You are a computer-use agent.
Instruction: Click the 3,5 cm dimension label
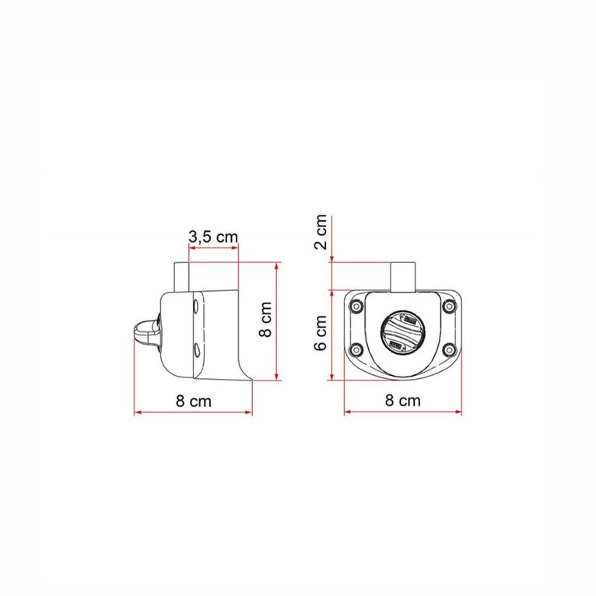click(212, 237)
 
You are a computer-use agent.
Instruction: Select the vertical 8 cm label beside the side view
click(265, 321)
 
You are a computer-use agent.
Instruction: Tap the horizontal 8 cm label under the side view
click(192, 401)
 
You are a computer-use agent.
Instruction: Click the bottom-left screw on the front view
click(356, 349)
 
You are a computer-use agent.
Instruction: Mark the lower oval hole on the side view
click(195, 349)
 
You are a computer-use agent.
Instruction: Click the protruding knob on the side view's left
click(145, 334)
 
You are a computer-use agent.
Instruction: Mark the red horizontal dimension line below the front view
click(402, 412)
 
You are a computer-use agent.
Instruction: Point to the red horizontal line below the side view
click(193, 412)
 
